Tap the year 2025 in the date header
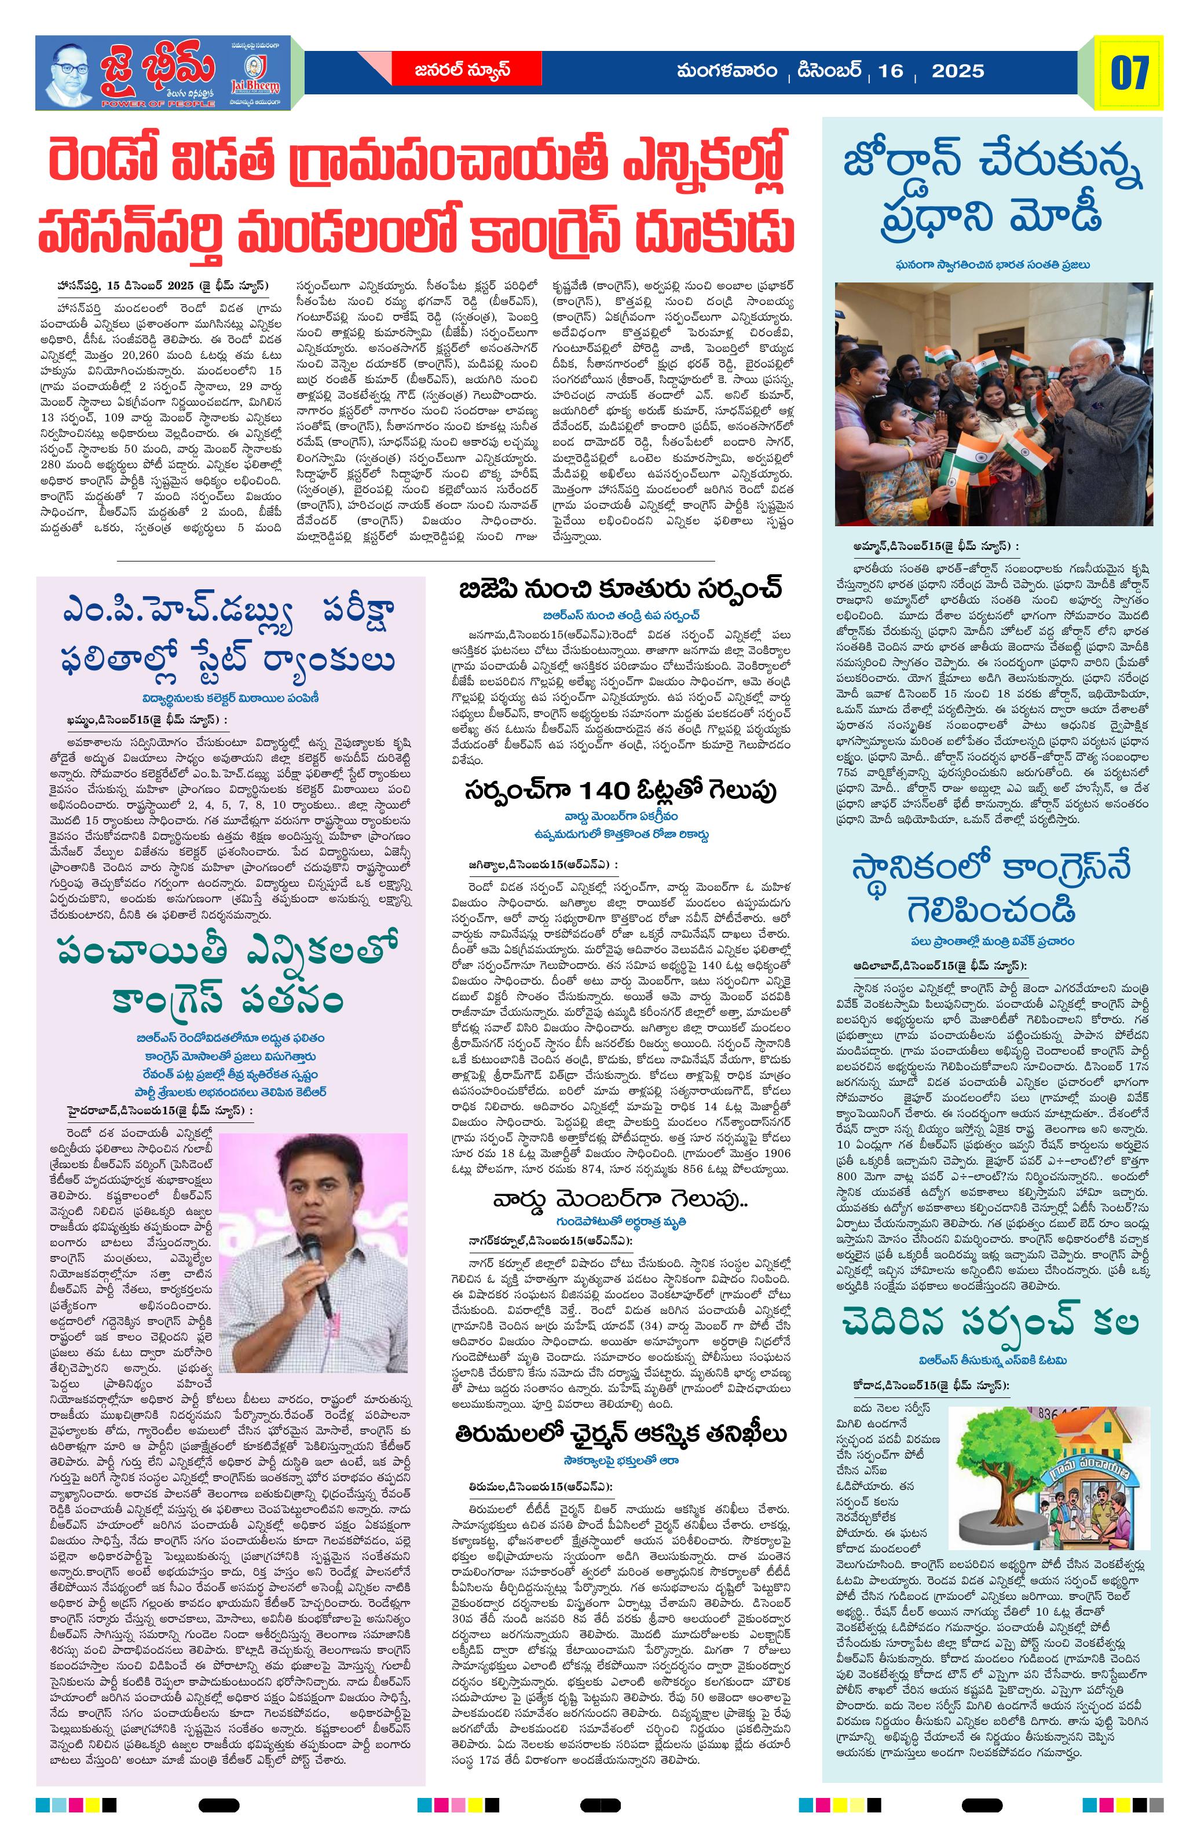click(957, 71)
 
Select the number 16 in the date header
click(891, 71)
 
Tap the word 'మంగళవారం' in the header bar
click(726, 71)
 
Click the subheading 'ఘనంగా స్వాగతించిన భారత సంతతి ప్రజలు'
click(992, 265)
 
